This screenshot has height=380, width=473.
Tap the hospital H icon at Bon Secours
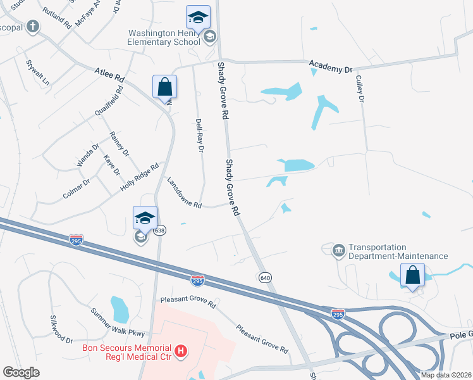click(x=181, y=350)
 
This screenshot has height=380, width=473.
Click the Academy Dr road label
click(x=329, y=66)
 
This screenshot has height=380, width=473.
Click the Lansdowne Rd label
click(x=183, y=193)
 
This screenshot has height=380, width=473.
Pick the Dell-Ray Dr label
click(x=200, y=135)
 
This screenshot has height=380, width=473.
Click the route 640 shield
click(x=265, y=277)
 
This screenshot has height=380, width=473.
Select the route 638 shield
click(x=159, y=231)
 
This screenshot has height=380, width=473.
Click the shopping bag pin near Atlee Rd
click(x=164, y=87)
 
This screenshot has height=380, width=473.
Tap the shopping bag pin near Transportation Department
click(x=412, y=275)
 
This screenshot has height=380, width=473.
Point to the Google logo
click(x=21, y=372)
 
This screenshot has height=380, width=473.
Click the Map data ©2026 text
click(x=446, y=375)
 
